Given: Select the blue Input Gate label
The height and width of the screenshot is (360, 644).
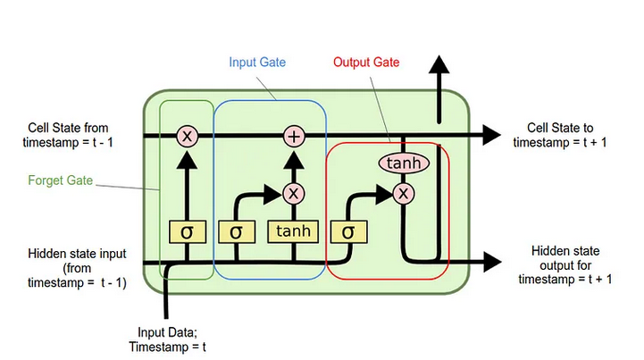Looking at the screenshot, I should tap(256, 63).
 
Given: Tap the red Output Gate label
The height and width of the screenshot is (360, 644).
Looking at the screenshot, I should tap(366, 63).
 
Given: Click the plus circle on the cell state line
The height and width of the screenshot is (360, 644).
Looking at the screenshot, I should tap(294, 136).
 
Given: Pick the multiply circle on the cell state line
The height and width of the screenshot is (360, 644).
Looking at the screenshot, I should tap(187, 136).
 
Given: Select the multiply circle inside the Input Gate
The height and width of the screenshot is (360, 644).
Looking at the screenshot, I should tap(294, 192).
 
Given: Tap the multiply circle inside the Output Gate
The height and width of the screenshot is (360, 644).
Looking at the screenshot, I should tap(404, 193).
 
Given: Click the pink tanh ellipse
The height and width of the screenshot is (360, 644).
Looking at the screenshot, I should tap(405, 163).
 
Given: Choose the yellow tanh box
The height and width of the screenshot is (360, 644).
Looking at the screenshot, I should tap(293, 231).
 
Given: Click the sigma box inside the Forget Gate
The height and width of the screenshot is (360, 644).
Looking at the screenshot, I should tap(187, 232).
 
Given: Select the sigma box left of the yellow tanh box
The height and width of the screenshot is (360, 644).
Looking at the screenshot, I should tap(236, 232).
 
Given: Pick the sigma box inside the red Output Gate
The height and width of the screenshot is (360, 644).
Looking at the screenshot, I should tap(347, 232).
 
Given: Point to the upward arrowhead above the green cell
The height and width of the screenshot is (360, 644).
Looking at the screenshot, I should tap(438, 67).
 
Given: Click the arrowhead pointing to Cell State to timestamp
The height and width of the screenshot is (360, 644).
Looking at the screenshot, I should tap(490, 136).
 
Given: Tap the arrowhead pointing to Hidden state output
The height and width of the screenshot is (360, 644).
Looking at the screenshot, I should tap(490, 262).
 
